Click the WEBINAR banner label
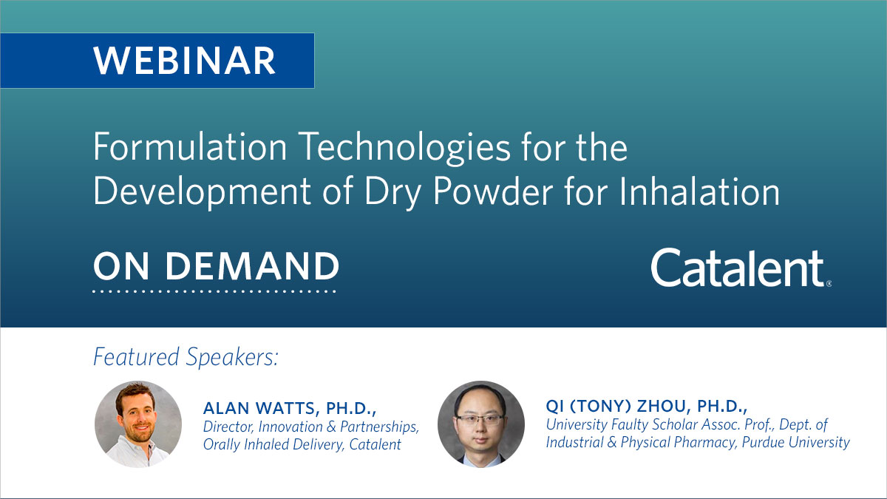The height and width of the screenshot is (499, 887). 184,61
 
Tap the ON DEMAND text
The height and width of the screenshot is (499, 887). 216,266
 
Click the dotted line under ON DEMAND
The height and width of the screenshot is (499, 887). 214,291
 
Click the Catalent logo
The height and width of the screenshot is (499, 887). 738,268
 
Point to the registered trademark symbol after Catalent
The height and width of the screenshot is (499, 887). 829,283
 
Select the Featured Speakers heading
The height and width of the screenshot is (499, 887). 186,358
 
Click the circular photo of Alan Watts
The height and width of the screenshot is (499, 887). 137,424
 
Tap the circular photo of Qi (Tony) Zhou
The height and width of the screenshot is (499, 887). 480,424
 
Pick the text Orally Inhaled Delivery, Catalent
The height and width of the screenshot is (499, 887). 302,444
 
